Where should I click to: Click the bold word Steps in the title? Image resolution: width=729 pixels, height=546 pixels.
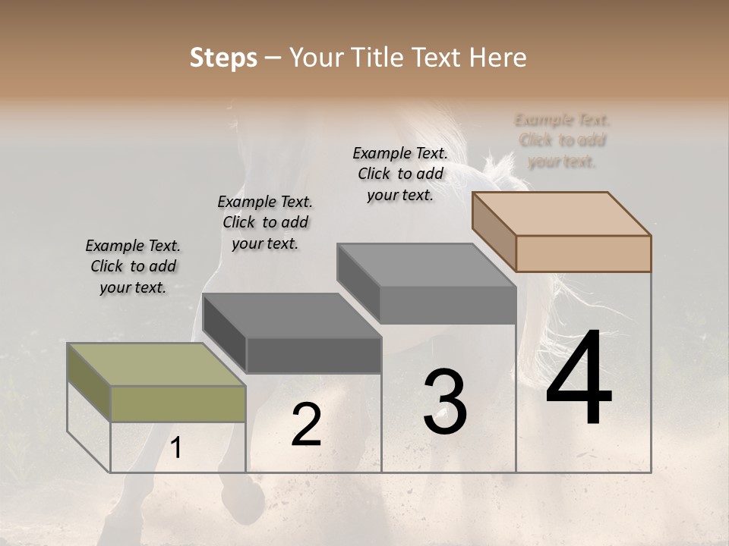(223, 58)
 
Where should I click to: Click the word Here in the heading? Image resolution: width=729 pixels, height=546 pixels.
(498, 58)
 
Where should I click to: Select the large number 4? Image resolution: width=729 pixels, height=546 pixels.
(579, 379)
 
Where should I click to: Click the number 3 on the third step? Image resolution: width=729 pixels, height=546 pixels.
(445, 402)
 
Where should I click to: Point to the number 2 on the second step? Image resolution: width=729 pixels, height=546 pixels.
(307, 425)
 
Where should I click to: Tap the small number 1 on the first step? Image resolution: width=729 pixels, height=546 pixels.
(176, 448)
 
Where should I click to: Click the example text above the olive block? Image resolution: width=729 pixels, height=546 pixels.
(133, 266)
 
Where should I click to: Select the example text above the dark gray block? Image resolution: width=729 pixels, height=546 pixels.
(265, 222)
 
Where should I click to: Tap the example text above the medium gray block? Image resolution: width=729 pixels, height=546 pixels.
(400, 174)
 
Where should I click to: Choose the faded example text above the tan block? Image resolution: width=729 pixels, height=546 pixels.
(562, 140)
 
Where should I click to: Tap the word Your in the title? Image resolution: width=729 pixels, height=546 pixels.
(315, 58)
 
